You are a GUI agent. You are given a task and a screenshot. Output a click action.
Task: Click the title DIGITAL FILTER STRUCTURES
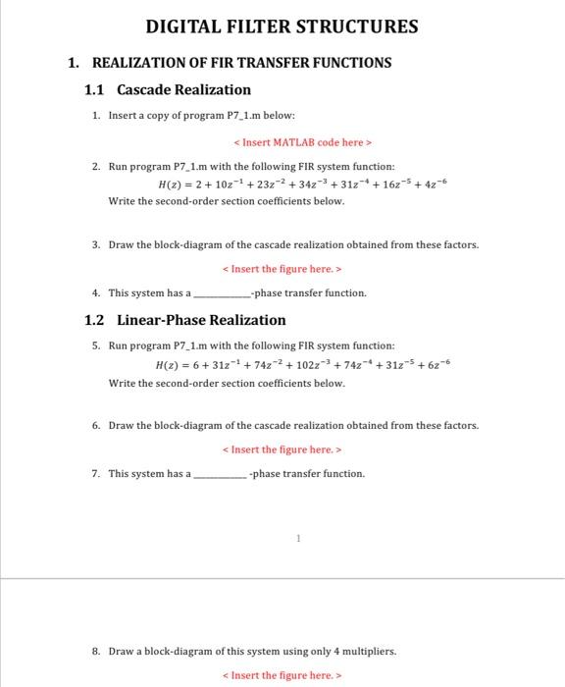282,26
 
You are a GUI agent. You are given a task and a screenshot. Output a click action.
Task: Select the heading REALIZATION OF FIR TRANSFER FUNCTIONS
241,63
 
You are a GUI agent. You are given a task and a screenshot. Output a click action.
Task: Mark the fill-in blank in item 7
221,475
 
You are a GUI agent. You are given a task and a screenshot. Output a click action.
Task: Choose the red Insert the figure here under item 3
282,269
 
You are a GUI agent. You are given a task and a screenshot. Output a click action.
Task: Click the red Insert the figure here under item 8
282,675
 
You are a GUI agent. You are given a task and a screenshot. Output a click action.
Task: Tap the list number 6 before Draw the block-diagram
95,426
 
